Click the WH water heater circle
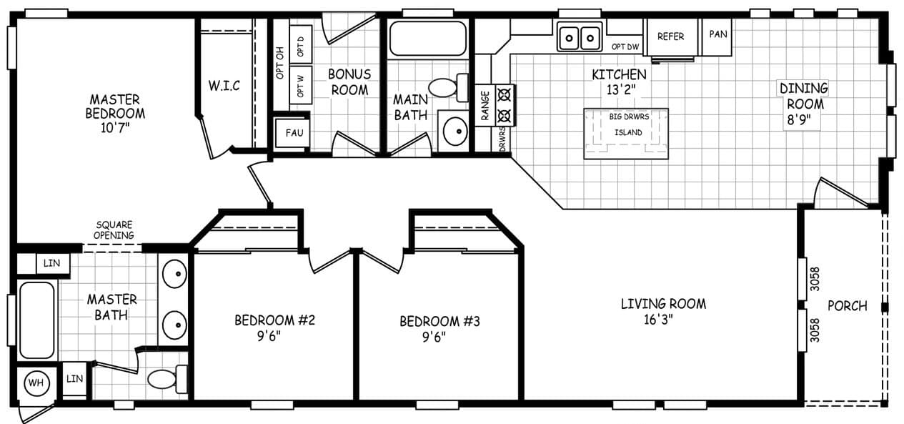click(x=35, y=383)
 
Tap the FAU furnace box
click(x=292, y=133)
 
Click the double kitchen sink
click(x=579, y=36)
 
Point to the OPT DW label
click(x=625, y=47)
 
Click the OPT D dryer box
click(x=300, y=47)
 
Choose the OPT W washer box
click(x=300, y=89)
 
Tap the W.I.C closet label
click(x=224, y=86)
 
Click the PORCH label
click(x=847, y=306)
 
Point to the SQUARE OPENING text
click(x=114, y=230)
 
